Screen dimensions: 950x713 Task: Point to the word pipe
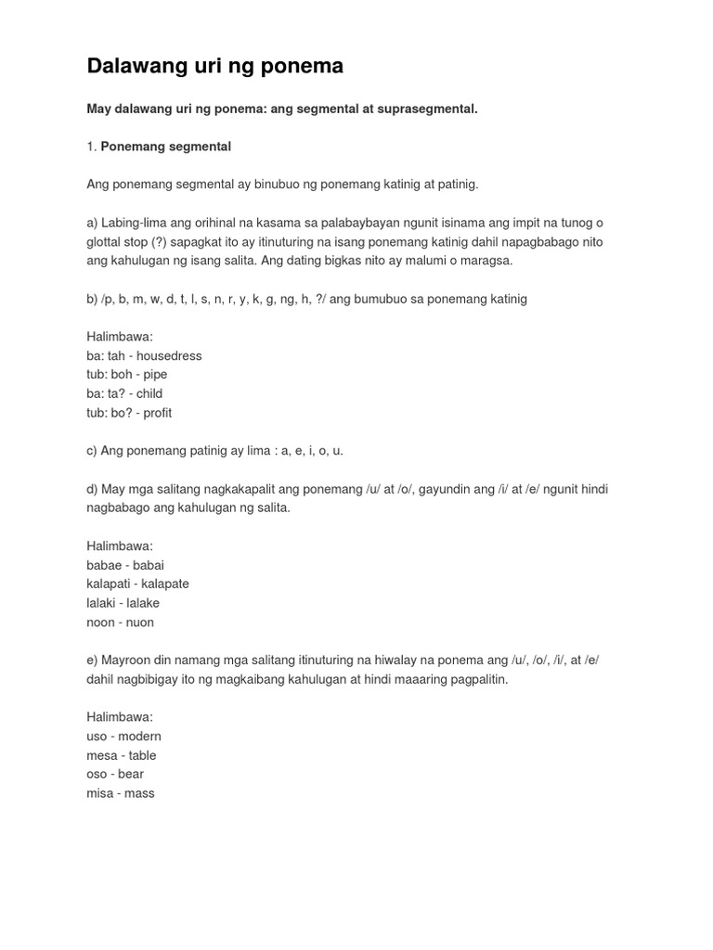click(155, 375)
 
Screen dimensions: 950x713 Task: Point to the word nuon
click(140, 623)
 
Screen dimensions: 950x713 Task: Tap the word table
click(143, 755)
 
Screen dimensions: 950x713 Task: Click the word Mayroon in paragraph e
click(125, 660)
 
